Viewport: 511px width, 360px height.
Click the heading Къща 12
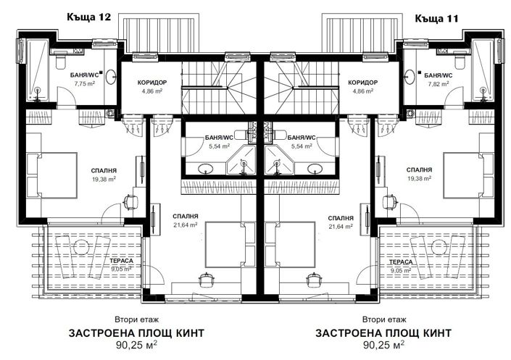coord(88,16)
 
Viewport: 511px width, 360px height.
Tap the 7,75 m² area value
coord(85,84)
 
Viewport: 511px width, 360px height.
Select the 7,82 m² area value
coord(437,84)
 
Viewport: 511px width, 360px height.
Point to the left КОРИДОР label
coord(151,83)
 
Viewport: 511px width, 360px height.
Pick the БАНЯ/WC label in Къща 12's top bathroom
coord(86,75)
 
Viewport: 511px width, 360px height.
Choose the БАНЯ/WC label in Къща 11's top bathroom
coord(439,75)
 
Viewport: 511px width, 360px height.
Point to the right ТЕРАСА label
coord(399,263)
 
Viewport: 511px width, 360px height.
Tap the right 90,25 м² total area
coord(383,346)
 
